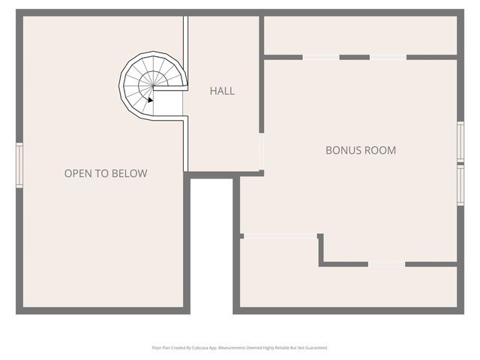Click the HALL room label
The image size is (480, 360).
click(222, 91)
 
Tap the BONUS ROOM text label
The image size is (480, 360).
click(360, 150)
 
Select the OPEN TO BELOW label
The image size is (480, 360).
click(106, 174)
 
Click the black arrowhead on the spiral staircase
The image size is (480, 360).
click(151, 99)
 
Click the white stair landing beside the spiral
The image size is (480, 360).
click(169, 104)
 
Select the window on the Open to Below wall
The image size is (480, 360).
click(19, 165)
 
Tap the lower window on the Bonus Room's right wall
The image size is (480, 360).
click(460, 184)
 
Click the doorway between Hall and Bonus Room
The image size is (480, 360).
click(262, 151)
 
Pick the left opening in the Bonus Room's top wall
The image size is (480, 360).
click(321, 57)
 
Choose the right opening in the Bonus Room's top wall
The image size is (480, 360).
click(388, 57)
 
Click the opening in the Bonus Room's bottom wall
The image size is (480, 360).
click(386, 264)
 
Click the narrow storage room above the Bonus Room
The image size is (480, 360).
click(360, 35)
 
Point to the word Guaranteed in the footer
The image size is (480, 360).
click(316, 348)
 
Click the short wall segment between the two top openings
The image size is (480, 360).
click(355, 57)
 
